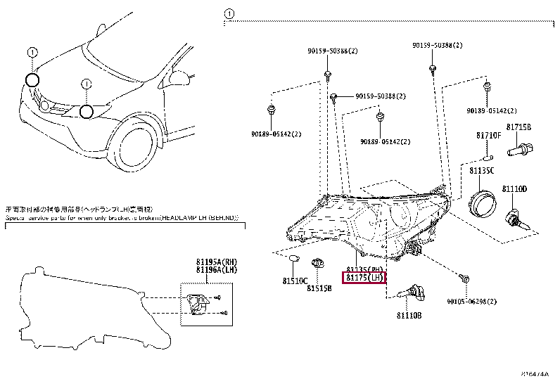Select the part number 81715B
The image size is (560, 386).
519,128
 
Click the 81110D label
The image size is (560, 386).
514,190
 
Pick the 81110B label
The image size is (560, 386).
407,316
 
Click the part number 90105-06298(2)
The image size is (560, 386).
471,301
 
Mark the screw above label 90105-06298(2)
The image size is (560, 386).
464,280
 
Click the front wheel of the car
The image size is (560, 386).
136,147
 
